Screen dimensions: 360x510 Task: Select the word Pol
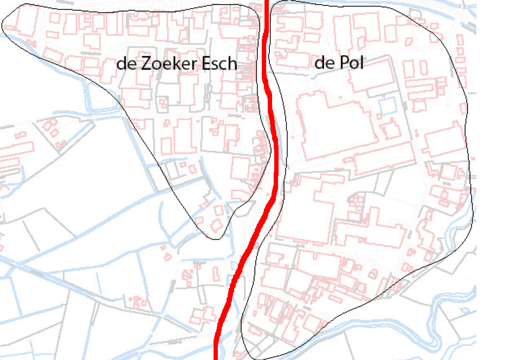pos(350,63)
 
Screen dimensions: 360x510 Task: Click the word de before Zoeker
pos(126,64)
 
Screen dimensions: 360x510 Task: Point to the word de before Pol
pos(324,63)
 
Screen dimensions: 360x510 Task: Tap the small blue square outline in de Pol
pos(387,106)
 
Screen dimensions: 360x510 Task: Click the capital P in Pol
pos(341,63)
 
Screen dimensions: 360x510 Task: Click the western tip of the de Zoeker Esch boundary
pos(3,25)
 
